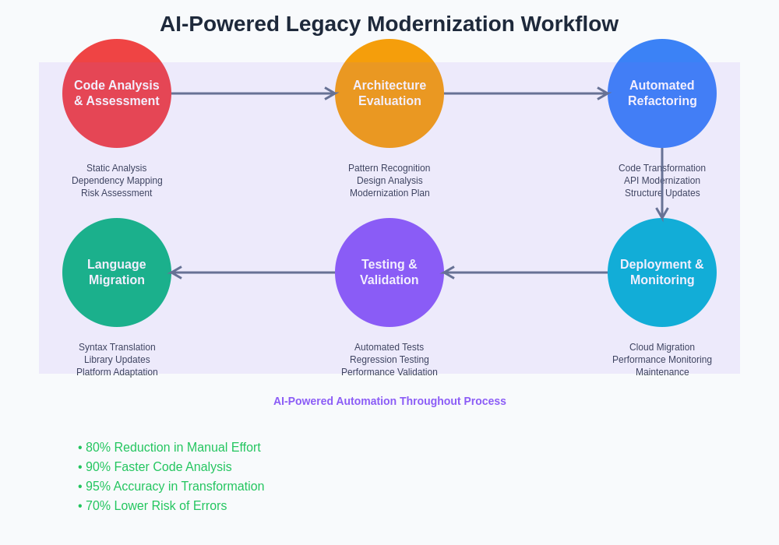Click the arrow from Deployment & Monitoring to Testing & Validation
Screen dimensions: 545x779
[526, 272]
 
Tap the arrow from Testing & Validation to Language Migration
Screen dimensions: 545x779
[253, 272]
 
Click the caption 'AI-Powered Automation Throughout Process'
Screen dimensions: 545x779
[389, 401]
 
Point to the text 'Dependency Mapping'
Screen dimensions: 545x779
[117, 181]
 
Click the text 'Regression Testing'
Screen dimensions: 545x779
[389, 360]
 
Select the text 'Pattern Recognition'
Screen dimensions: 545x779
[389, 168]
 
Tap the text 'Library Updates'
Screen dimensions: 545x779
[117, 360]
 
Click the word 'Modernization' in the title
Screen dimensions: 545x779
[440, 24]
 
